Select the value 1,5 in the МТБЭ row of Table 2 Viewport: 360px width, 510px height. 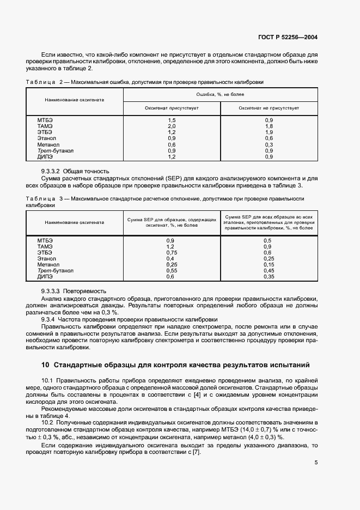(172, 120)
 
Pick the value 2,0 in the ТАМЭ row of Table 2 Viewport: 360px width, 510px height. (172, 126)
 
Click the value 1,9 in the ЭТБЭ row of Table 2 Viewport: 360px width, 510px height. (269, 132)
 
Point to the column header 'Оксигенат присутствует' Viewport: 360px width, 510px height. (172, 108)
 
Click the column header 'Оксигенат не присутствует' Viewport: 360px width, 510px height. (269, 108)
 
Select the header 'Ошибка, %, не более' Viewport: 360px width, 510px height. (220, 94)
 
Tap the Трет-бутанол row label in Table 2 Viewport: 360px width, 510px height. (56, 150)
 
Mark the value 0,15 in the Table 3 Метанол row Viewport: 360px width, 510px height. (268, 264)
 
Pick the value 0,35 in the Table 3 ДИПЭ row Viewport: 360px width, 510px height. (268, 276)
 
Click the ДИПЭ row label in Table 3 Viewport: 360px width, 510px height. (45, 276)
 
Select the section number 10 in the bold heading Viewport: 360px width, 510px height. (45, 365)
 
